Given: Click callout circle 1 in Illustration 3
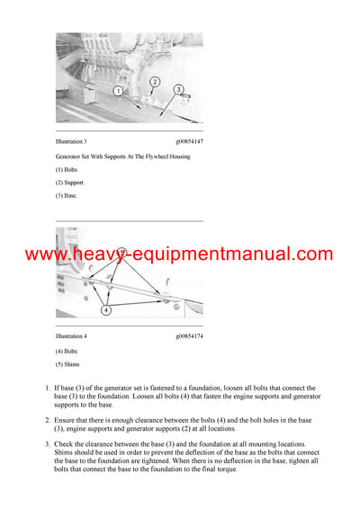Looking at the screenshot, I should (118, 91).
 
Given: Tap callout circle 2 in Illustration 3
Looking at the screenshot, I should (154, 82).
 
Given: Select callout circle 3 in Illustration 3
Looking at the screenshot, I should (178, 90).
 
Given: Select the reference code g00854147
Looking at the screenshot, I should (189, 142).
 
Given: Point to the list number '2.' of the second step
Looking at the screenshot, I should (47, 420).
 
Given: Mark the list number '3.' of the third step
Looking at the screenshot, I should (47, 443).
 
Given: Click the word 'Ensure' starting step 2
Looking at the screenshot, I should (67, 420).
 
